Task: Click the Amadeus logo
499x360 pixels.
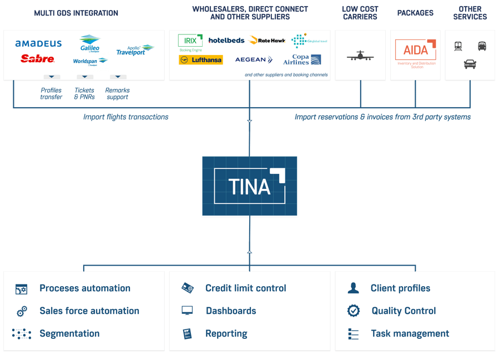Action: pyautogui.click(x=38, y=43)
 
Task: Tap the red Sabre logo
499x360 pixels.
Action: pyautogui.click(x=37, y=58)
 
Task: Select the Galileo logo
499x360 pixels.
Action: pyautogui.click(x=89, y=43)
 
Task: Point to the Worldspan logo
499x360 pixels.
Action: pyautogui.click(x=90, y=62)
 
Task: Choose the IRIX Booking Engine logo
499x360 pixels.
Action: pyautogui.click(x=190, y=42)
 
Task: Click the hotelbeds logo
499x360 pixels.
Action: pyautogui.click(x=226, y=41)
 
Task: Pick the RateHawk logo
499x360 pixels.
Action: pyautogui.click(x=267, y=41)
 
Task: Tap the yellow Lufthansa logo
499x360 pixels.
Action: pyautogui.click(x=200, y=59)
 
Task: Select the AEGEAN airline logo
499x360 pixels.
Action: pyautogui.click(x=254, y=59)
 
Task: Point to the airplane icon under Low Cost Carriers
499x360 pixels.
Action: pyautogui.click(x=360, y=56)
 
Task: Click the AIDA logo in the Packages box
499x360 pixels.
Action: pyautogui.click(x=415, y=51)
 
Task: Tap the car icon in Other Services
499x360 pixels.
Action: pyautogui.click(x=470, y=64)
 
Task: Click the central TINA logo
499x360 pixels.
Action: pyautogui.click(x=250, y=186)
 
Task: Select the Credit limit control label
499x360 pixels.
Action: pyautogui.click(x=245, y=288)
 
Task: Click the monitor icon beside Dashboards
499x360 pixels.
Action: pyautogui.click(x=187, y=311)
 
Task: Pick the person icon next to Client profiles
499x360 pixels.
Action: pyautogui.click(x=353, y=288)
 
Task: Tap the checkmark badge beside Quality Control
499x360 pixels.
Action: pyautogui.click(x=354, y=311)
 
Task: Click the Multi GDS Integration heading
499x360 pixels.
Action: pyautogui.click(x=76, y=13)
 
